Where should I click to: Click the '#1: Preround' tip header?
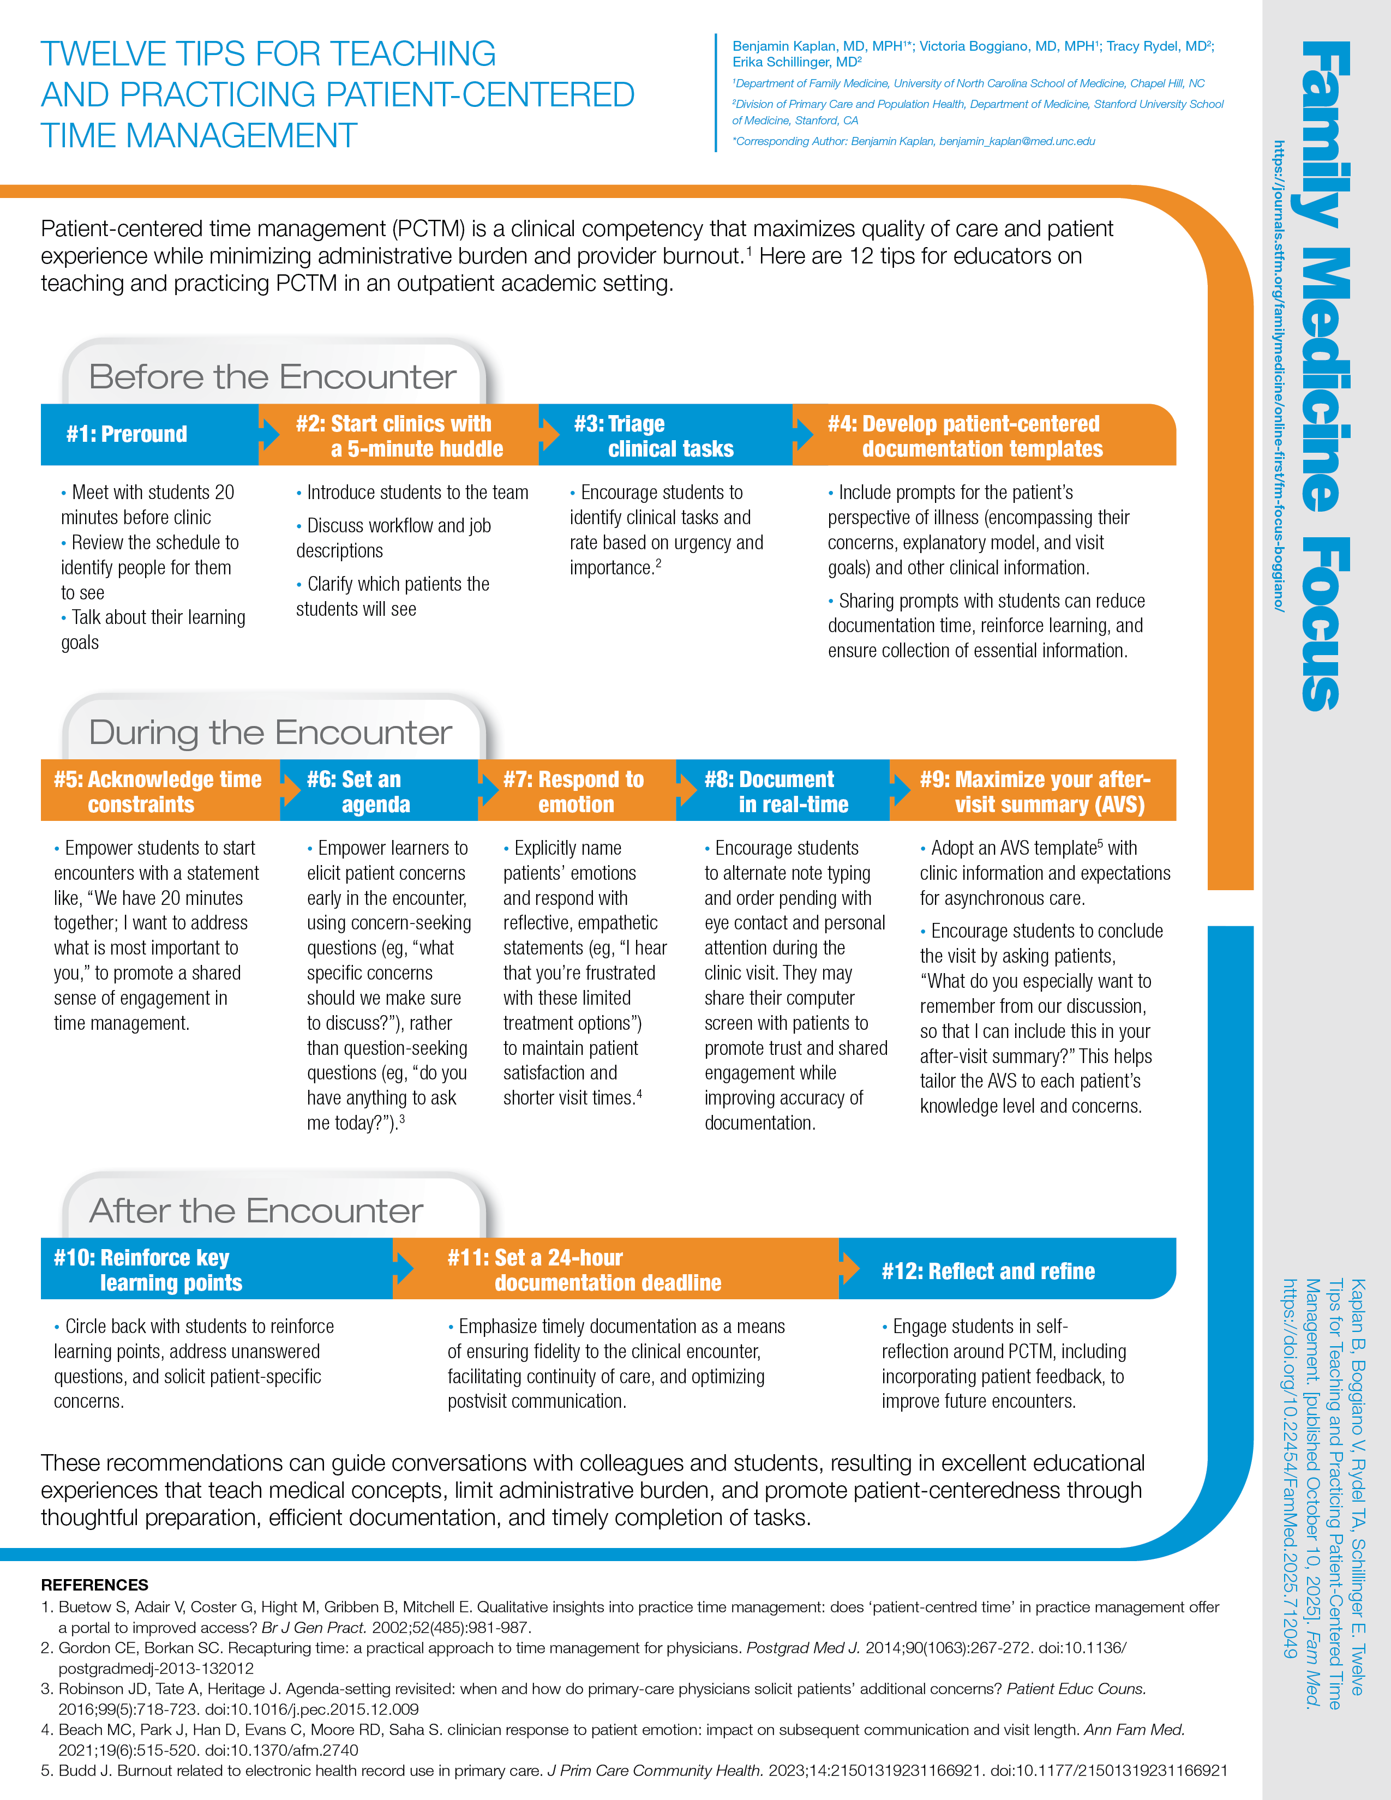pos(127,434)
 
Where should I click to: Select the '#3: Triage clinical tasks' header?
pos(653,436)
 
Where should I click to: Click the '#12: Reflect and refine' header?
pos(988,1271)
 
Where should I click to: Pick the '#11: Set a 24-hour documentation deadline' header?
pos(584,1270)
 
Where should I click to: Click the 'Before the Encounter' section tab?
pos(272,377)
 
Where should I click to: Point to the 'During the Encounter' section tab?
pos(270,733)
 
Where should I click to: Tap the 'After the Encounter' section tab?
pos(256,1211)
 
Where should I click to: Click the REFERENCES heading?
pos(95,1584)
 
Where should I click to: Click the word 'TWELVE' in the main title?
pos(99,55)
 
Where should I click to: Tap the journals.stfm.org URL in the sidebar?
pos(1279,375)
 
